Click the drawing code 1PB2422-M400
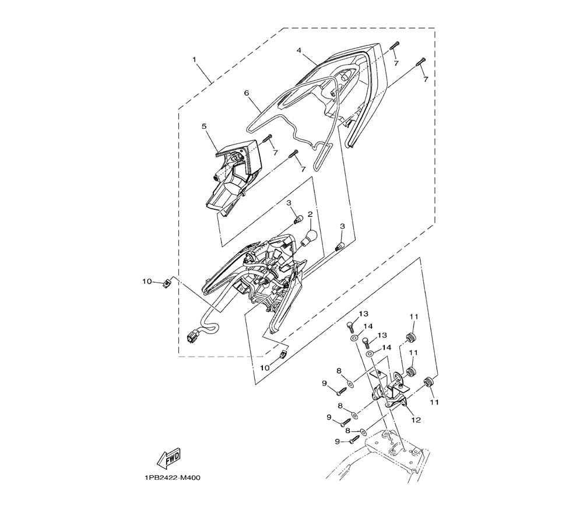point(173,477)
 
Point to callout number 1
point(194,59)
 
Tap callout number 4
point(298,50)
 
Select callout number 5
point(204,127)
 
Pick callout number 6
point(246,93)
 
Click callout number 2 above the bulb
point(310,215)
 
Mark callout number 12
point(416,420)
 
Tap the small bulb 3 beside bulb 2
point(297,220)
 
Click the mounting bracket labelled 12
point(391,392)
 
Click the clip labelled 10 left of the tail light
point(168,283)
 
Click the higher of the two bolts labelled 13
point(350,326)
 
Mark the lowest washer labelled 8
point(363,432)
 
